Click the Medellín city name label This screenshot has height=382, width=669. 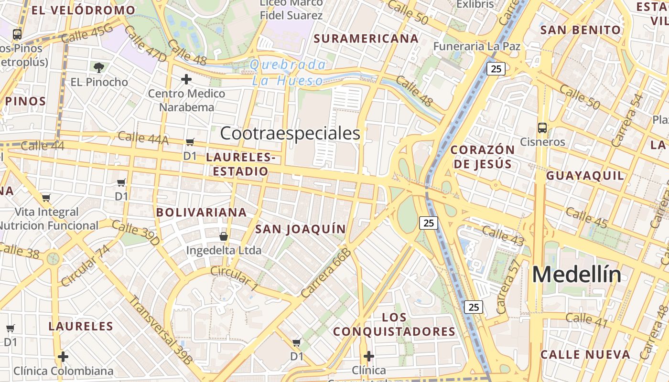click(x=577, y=275)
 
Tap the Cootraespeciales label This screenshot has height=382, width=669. click(x=290, y=134)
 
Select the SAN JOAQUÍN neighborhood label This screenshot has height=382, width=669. click(x=300, y=229)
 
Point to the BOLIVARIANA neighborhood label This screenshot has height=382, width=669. click(x=201, y=212)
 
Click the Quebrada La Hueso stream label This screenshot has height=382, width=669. click(x=288, y=73)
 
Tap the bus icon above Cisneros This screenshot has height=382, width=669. click(x=542, y=128)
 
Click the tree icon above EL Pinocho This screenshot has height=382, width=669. click(x=99, y=68)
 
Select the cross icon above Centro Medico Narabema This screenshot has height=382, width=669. click(x=186, y=79)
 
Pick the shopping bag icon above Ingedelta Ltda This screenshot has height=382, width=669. click(x=223, y=236)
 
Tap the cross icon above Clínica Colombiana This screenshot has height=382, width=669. click(x=63, y=357)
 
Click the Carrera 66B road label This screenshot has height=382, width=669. click(x=326, y=273)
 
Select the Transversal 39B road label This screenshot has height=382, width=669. click(x=161, y=330)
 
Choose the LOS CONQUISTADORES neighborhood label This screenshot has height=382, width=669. click(x=394, y=324)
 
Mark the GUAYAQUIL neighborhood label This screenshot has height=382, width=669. click(x=585, y=176)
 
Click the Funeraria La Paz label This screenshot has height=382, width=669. click(x=476, y=46)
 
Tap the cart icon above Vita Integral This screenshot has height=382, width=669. click(x=46, y=198)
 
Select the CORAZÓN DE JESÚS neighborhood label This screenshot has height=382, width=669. click(x=482, y=157)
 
